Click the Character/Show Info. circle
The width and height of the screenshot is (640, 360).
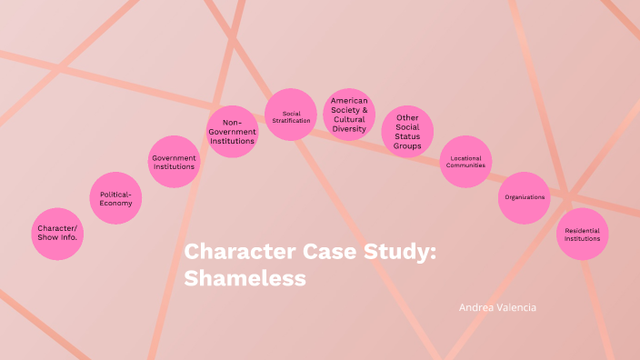[x=57, y=234]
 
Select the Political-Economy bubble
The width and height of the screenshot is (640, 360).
[x=115, y=198]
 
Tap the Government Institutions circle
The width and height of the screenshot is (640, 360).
[x=174, y=162]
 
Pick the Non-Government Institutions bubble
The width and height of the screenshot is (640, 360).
[x=232, y=132]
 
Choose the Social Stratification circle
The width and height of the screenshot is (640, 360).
[x=291, y=115]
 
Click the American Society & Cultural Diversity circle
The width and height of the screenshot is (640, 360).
[x=349, y=115]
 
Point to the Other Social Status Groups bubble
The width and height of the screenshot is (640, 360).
[x=407, y=132]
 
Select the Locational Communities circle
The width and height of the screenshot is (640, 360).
[x=465, y=162]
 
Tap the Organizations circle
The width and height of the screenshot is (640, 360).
[x=524, y=197]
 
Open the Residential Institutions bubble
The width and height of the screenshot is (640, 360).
[x=582, y=234]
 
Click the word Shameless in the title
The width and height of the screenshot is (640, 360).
[x=245, y=278]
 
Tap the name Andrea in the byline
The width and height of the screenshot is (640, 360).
[x=476, y=307]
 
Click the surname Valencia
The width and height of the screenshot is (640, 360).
[x=516, y=307]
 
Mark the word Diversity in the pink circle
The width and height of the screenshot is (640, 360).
[x=349, y=129]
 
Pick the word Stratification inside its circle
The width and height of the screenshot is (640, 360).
[x=291, y=120]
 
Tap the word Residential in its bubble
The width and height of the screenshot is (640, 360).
[x=582, y=230]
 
